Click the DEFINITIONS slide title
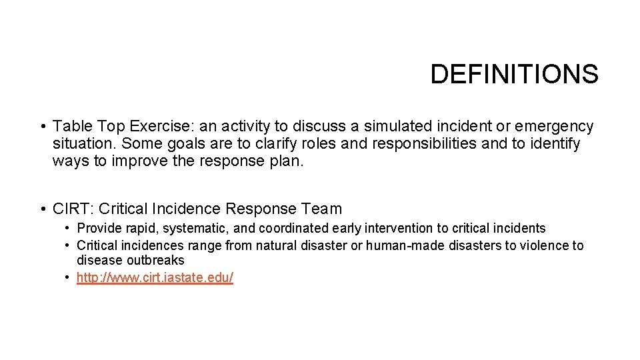(514, 74)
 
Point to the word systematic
(195, 228)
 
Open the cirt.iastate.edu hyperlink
(155, 277)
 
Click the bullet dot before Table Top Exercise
(42, 126)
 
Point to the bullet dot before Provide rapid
(68, 228)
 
